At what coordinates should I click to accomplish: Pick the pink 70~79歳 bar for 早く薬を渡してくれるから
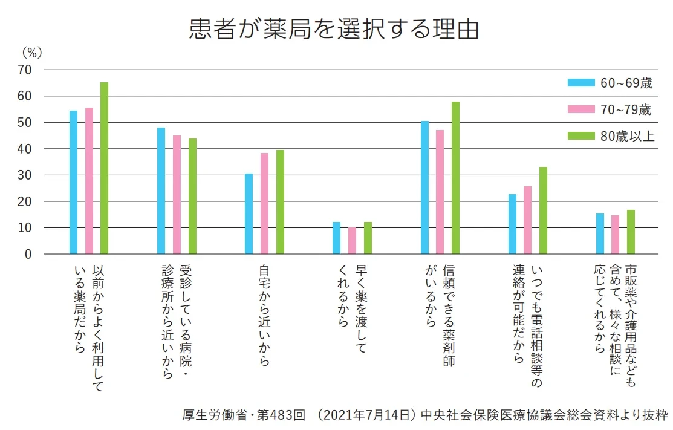tap(352, 241)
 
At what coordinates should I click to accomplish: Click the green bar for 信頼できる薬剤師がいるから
tap(455, 178)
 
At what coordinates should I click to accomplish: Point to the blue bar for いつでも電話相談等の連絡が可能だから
tap(512, 224)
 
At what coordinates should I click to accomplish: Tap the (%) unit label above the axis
tap(31, 53)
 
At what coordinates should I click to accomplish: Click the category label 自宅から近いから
tap(264, 314)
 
